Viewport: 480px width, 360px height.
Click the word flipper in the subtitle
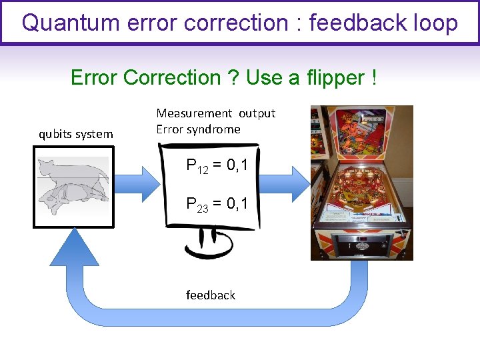tap(331, 78)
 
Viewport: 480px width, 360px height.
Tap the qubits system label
tap(75, 134)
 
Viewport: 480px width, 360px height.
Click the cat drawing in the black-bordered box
tap(73, 186)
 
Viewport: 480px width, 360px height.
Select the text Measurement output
tap(215, 113)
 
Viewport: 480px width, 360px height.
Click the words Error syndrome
tap(198, 129)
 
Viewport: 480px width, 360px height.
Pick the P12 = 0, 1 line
tap(217, 165)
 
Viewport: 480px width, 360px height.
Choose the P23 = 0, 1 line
tap(217, 203)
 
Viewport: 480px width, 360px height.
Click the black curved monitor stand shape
tap(209, 243)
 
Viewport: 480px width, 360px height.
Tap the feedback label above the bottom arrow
tap(211, 295)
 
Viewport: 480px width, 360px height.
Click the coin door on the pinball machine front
tap(362, 243)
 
